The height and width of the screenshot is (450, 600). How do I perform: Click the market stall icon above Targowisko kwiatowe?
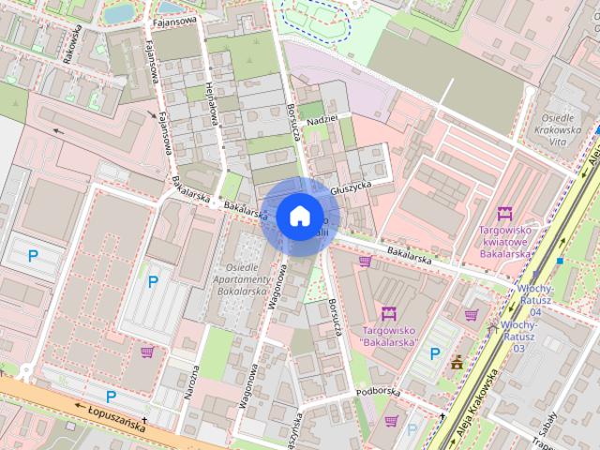505,215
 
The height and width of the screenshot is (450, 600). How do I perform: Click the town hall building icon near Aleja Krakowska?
457,363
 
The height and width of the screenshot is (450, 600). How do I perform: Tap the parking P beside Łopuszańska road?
111,396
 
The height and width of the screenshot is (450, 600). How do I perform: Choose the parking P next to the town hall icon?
434,353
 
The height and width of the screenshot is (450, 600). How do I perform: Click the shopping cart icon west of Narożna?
147,352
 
